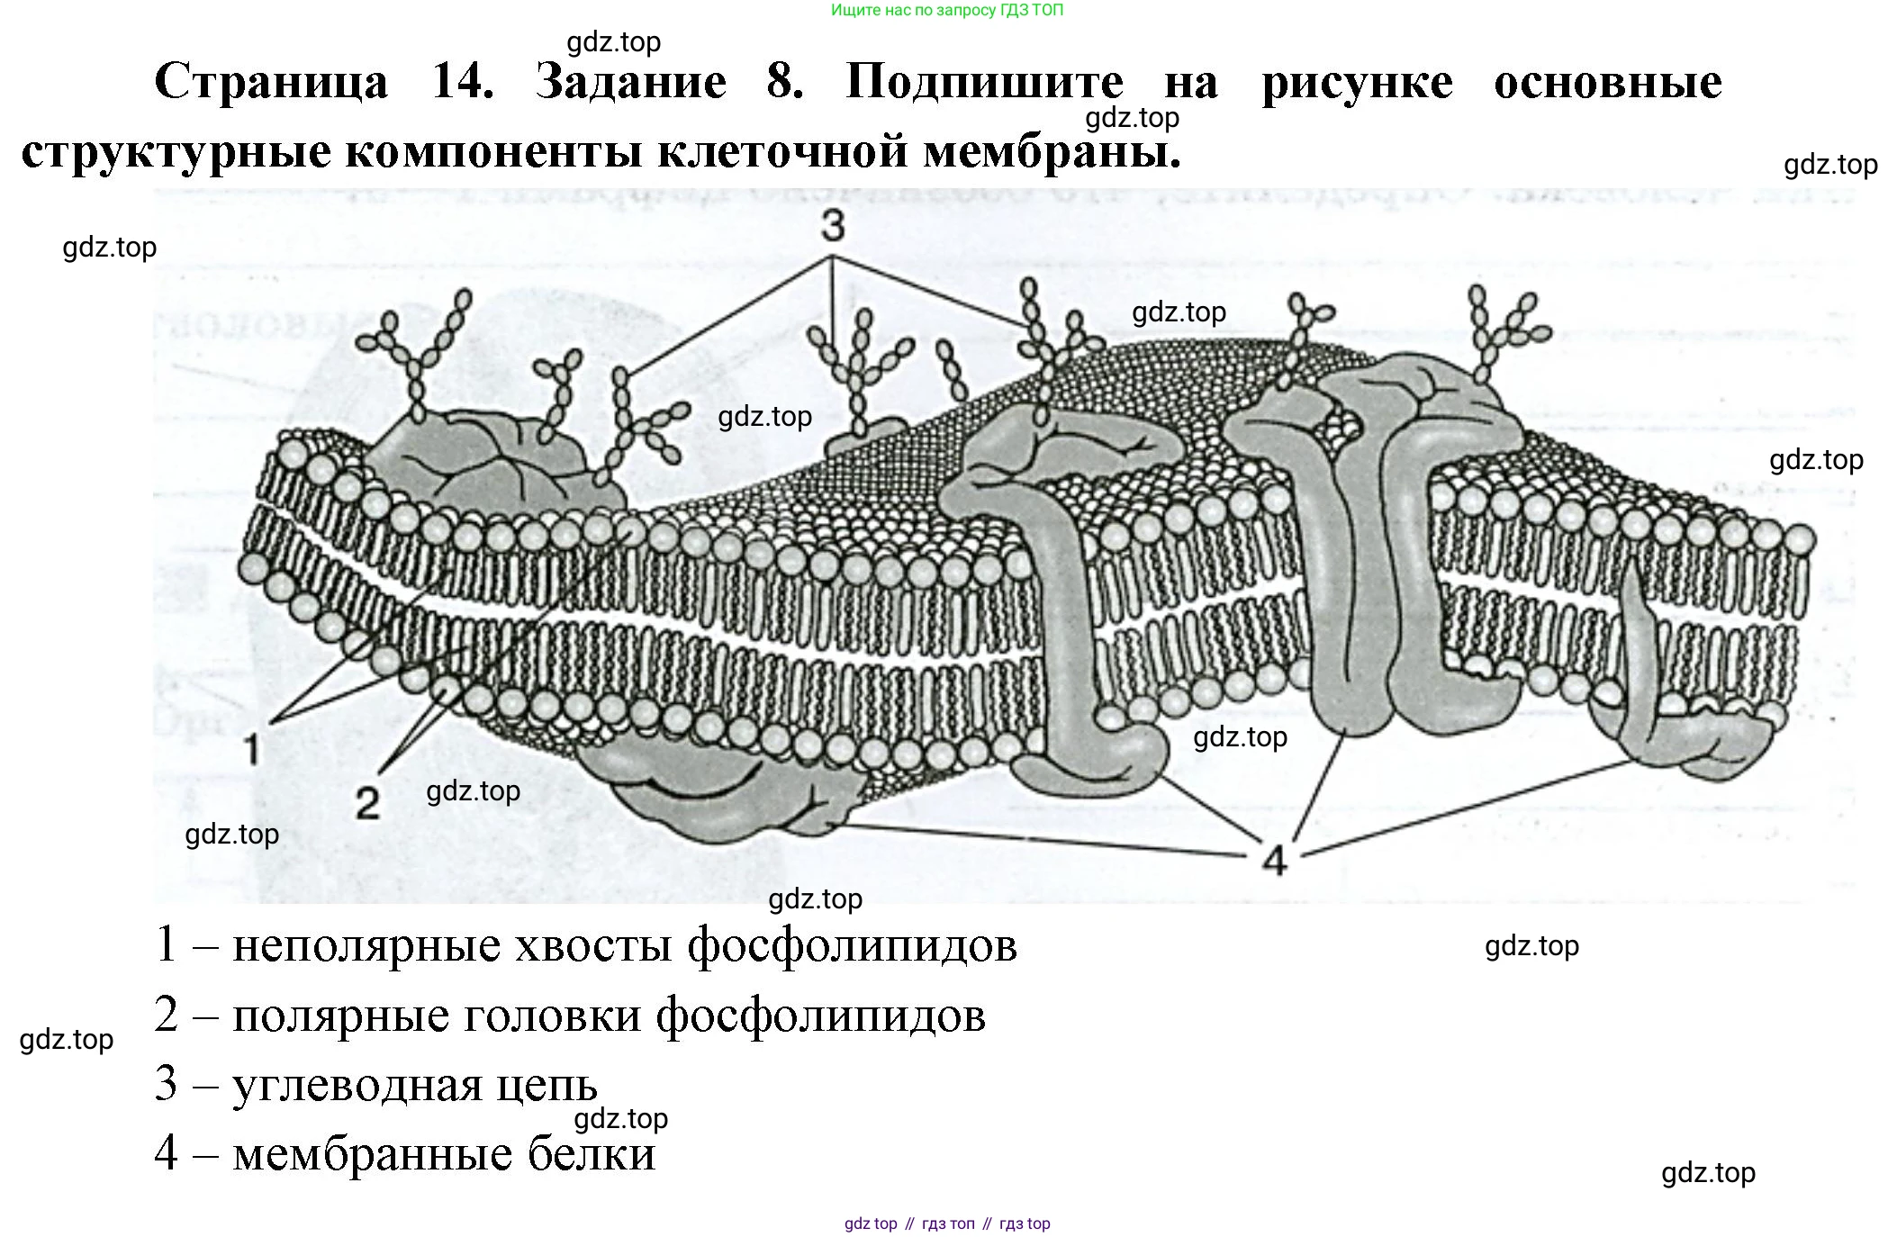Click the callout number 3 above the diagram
(x=833, y=226)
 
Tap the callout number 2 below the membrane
(x=367, y=802)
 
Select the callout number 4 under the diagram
(x=1273, y=861)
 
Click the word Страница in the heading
(x=272, y=83)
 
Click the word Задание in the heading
(x=630, y=83)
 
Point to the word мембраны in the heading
(x=1052, y=151)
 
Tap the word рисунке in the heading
(x=1357, y=83)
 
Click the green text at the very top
(x=947, y=11)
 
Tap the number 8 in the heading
(x=784, y=83)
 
